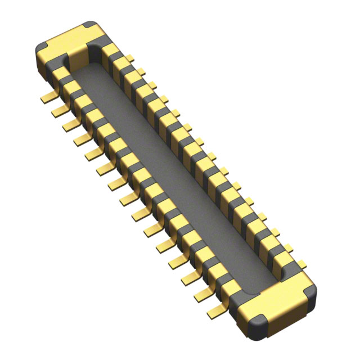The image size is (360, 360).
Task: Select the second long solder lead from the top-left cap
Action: (x=58, y=111)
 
